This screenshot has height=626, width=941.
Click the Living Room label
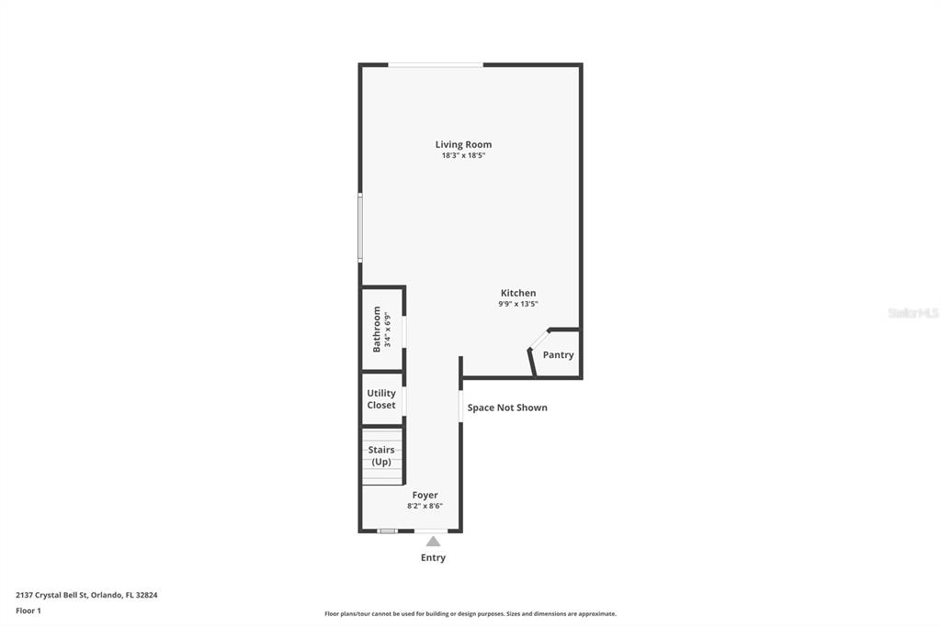(463, 144)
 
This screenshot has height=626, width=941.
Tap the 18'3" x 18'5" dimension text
(463, 156)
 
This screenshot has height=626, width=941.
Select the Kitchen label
(518, 293)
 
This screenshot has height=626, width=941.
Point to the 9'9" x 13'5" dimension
(518, 304)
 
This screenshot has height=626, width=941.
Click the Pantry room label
(558, 355)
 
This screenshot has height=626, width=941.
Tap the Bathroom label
(377, 330)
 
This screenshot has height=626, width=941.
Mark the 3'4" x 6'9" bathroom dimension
(388, 330)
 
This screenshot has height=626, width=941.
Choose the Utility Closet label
(381, 399)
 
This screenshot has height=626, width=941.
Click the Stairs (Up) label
(381, 456)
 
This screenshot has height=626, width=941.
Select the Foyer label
(425, 496)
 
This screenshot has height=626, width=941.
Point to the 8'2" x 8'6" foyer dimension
(425, 506)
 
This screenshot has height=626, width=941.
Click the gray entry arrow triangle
(433, 542)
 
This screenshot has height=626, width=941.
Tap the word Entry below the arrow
(433, 558)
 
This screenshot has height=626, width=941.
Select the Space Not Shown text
(507, 408)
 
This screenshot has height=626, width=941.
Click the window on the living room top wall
(436, 64)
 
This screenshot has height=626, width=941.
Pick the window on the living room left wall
(360, 227)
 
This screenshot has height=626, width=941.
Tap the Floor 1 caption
(28, 610)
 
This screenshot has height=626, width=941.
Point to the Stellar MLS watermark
(913, 313)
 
